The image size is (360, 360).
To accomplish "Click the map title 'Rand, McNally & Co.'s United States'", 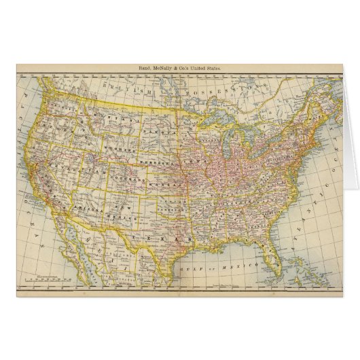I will point(180,68).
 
